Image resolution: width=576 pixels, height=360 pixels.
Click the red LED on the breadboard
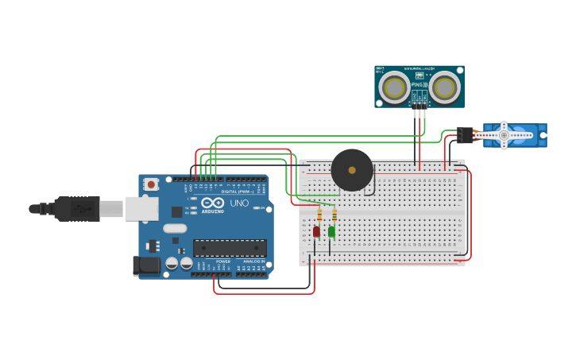pyautogui.click(x=316, y=231)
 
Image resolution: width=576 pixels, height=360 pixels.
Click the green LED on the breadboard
pyautogui.click(x=331, y=231)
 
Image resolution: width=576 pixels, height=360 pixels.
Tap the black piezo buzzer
pyautogui.click(x=352, y=169)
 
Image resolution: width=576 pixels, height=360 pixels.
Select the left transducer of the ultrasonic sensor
pyautogui.click(x=394, y=87)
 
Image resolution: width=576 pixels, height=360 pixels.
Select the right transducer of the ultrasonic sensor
pyautogui.click(x=444, y=87)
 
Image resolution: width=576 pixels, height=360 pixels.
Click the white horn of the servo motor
pyautogui.click(x=504, y=135)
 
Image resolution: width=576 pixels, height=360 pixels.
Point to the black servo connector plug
pyautogui.click(x=465, y=135)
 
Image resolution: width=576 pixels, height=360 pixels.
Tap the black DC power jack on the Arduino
pyautogui.click(x=147, y=265)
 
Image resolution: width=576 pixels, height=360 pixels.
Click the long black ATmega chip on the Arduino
pyautogui.click(x=230, y=248)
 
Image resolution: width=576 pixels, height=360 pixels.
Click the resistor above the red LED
pyautogui.click(x=319, y=214)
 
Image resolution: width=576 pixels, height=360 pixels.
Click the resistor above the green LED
pyautogui.click(x=334, y=214)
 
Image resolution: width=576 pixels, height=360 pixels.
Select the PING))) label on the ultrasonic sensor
pyautogui.click(x=419, y=83)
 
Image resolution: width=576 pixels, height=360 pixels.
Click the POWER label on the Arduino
pyautogui.click(x=223, y=261)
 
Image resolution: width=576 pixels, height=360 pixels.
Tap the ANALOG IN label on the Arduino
pyautogui.click(x=253, y=261)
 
